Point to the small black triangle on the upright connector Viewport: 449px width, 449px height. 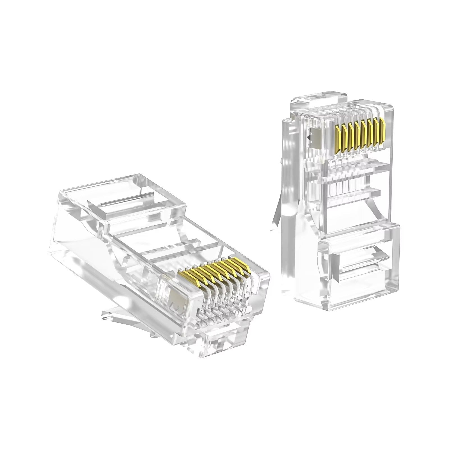click(309, 138)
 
